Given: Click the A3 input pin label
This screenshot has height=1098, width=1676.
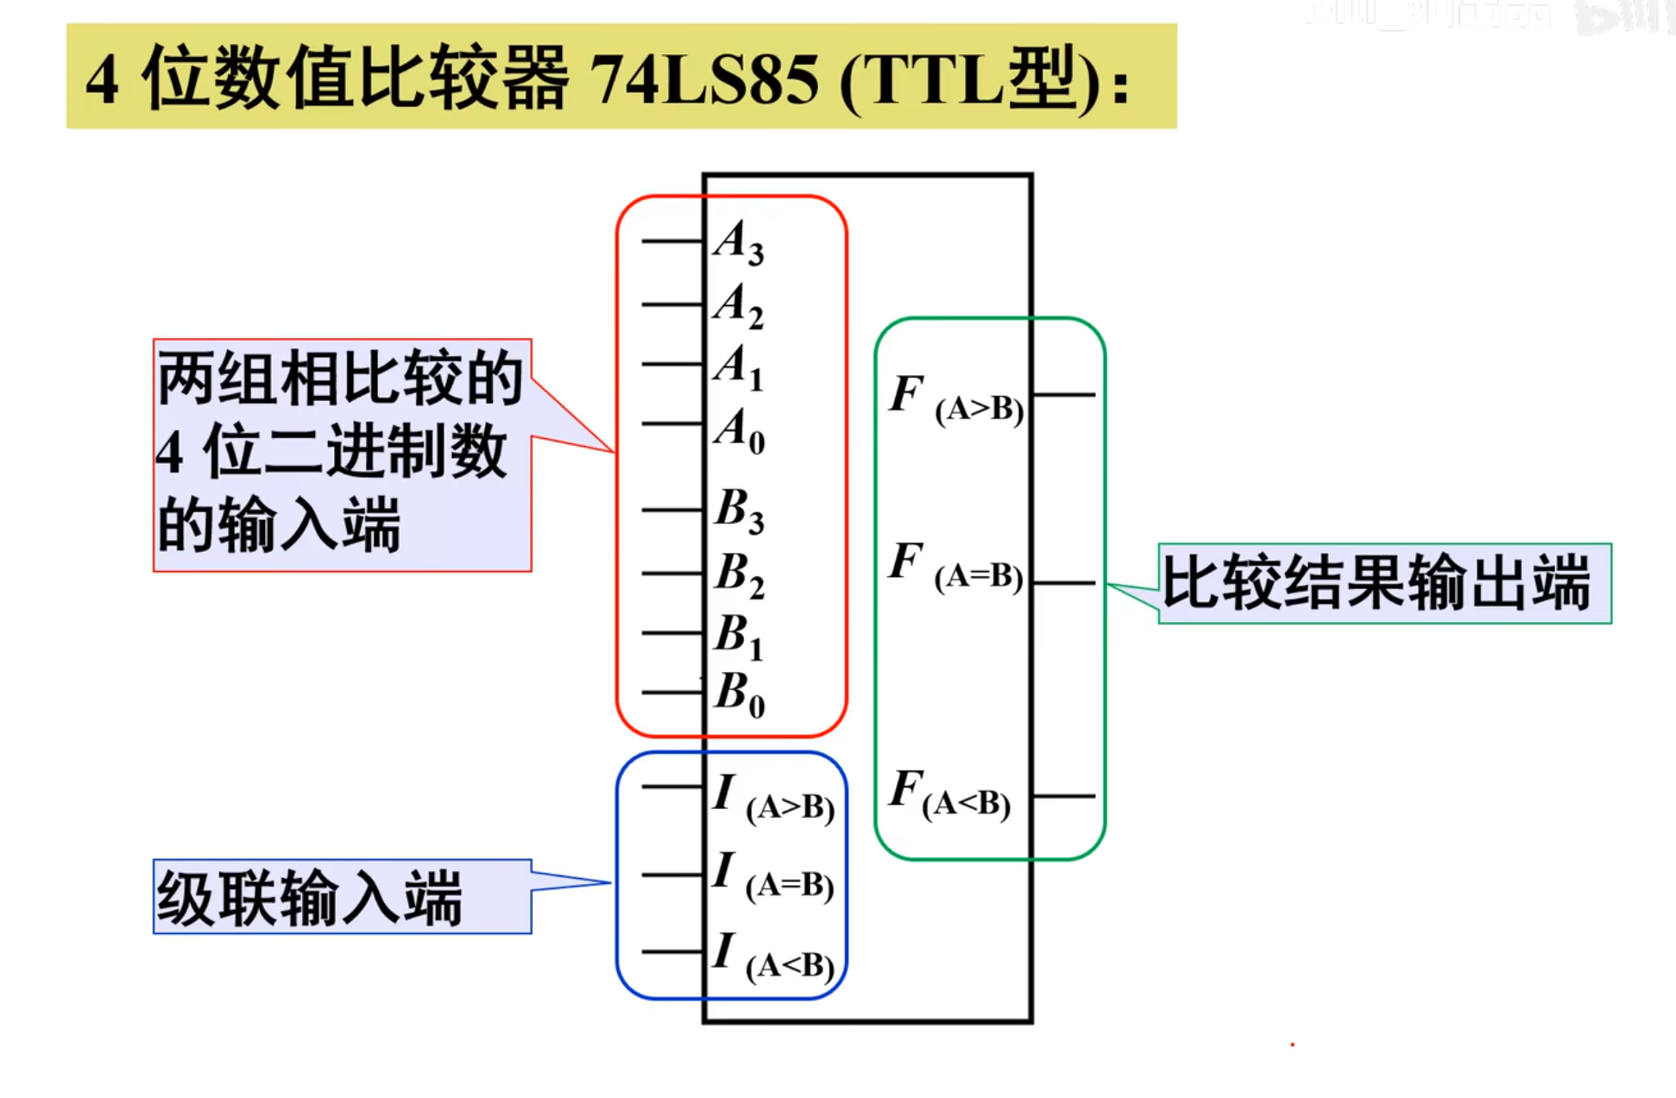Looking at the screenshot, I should click(739, 242).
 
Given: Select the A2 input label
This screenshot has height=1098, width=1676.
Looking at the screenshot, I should click(739, 305).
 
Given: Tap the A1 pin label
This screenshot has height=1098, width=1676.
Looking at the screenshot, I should click(739, 366).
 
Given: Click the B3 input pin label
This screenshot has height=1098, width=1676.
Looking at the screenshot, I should click(739, 510).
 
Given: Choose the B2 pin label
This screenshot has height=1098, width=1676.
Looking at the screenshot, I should click(739, 574).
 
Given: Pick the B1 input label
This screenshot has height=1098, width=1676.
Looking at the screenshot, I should click(739, 635).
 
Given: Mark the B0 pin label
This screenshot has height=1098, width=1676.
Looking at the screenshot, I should click(739, 693).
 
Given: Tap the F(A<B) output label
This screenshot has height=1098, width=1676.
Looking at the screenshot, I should click(949, 794).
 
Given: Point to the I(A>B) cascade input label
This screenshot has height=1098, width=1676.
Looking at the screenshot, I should click(773, 798).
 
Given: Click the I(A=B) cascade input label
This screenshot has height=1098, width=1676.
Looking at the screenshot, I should click(773, 875).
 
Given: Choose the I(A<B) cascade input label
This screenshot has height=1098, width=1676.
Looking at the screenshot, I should click(773, 956).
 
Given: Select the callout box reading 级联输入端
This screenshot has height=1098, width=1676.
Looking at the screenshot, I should click(342, 897).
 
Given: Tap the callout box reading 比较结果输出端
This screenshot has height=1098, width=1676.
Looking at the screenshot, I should click(1383, 584).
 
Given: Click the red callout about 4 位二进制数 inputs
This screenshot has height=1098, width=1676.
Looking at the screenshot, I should click(342, 455).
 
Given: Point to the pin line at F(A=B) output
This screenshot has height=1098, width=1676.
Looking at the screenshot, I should click(1063, 584).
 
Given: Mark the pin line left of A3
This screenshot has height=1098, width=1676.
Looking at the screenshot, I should click(672, 242).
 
